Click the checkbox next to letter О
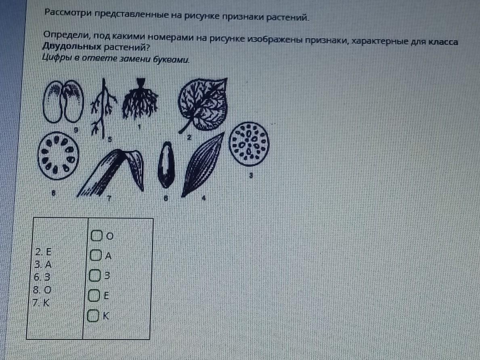click(96, 235)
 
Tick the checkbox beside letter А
click(96, 255)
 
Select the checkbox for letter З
click(94, 275)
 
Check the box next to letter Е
click(94, 295)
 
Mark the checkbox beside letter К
click(93, 315)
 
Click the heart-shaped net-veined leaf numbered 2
click(203, 105)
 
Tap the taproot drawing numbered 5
click(103, 107)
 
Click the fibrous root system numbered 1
click(140, 99)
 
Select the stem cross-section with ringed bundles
click(58, 155)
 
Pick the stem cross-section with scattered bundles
click(249, 144)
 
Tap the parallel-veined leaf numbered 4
click(203, 164)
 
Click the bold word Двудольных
click(71, 46)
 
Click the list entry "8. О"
click(42, 290)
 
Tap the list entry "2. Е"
click(43, 252)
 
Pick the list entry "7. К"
click(41, 302)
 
